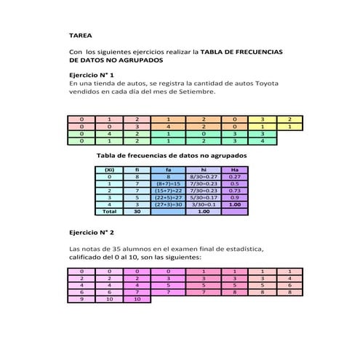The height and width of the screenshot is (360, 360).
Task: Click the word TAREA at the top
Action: pos(80,34)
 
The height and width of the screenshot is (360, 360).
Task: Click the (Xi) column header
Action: pos(109,169)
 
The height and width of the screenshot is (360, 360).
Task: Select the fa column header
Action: pos(168,169)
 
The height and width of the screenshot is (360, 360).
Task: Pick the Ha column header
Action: pos(234,169)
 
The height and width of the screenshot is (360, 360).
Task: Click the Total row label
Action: pos(109,212)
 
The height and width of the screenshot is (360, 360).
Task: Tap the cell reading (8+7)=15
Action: pos(168,184)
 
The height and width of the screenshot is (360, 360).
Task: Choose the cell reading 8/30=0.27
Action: pos(204,177)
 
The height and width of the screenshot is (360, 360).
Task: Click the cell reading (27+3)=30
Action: pos(168,204)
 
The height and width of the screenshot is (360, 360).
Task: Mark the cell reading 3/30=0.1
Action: pos(204,204)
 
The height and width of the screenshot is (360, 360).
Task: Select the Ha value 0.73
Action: pos(234,191)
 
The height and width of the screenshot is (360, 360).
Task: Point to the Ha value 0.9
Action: pos(234,198)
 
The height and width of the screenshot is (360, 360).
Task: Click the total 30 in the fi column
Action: pos(137,212)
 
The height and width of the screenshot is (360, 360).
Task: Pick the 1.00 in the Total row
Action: pos(204,212)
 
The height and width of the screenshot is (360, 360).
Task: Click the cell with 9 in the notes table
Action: pos(81,298)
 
